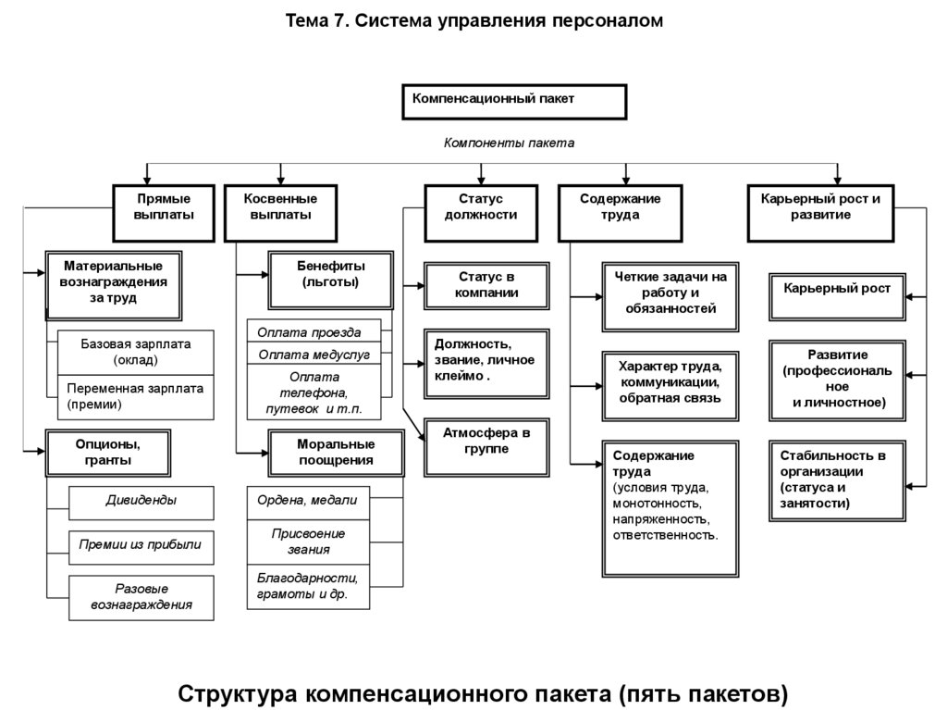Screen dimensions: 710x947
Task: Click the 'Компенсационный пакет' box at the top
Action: tap(514, 102)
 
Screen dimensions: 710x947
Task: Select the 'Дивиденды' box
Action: tap(141, 502)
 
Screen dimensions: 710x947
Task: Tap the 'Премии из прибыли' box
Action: tap(141, 547)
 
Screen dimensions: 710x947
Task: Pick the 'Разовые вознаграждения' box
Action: tap(141, 597)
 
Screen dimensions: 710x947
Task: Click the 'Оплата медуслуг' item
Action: tap(314, 355)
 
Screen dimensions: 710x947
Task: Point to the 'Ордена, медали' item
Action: tap(308, 502)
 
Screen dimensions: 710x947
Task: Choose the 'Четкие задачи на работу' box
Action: tap(670, 294)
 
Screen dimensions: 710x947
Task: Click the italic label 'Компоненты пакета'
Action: tap(509, 143)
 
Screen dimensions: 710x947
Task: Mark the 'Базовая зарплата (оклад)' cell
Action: tap(136, 352)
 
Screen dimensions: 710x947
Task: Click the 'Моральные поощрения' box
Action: tap(335, 452)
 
